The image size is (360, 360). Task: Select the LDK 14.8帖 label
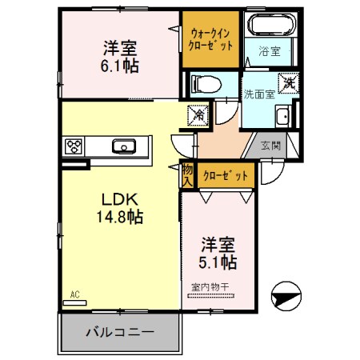(120, 207)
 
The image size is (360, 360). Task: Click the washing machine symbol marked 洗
(288, 82)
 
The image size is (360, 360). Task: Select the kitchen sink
(125, 146)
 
